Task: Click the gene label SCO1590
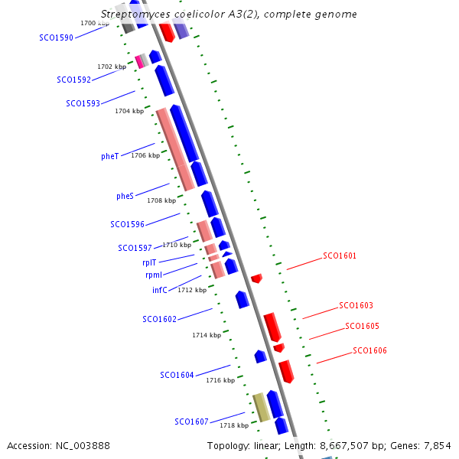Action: (x=57, y=37)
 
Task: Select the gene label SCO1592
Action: (x=73, y=80)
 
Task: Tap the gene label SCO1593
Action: (x=83, y=103)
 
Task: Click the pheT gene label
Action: (x=109, y=157)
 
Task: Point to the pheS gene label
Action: (x=125, y=196)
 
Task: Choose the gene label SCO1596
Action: (x=127, y=224)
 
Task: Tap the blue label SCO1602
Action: (x=159, y=319)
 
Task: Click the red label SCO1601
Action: (x=340, y=256)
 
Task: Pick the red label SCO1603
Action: (x=356, y=305)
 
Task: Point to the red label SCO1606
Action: (x=369, y=350)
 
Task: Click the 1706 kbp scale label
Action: (x=145, y=155)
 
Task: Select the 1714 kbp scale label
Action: (x=207, y=335)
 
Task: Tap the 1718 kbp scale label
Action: (x=234, y=425)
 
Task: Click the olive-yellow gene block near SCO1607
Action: (x=262, y=407)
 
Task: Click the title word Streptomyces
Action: (x=135, y=15)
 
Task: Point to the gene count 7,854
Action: (x=436, y=445)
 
